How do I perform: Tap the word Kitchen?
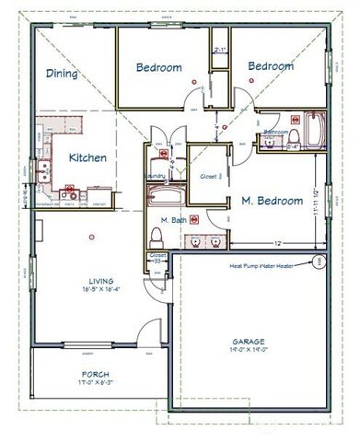[x=88, y=157]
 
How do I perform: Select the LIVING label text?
[x=100, y=281]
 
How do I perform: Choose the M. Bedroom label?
[x=272, y=200]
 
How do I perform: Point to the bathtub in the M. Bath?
[x=166, y=196]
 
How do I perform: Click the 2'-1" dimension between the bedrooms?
[x=219, y=51]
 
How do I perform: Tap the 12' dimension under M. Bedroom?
[x=277, y=242]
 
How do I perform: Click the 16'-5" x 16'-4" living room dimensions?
[x=100, y=291]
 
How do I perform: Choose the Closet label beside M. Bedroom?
[x=207, y=176]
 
